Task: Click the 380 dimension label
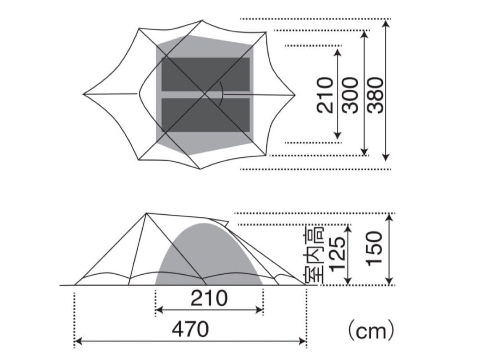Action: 375,96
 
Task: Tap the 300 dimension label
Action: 350,96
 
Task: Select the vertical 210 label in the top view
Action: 325,96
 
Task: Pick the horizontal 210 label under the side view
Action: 209,298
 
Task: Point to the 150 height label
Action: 374,248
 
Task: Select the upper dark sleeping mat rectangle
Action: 206,74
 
